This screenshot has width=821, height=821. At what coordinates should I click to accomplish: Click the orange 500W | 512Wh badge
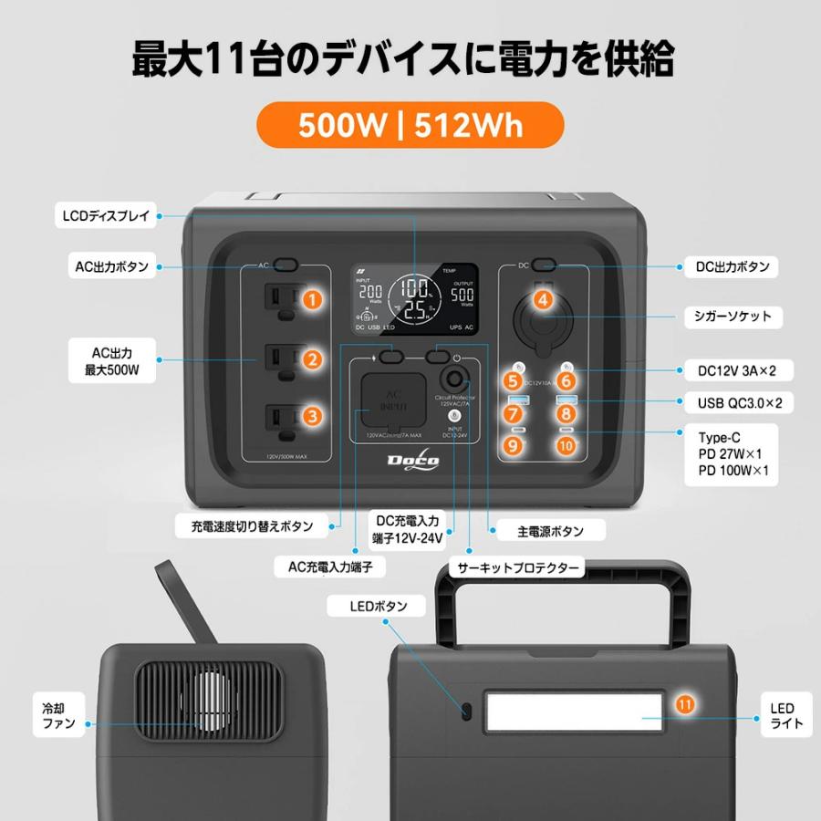410,125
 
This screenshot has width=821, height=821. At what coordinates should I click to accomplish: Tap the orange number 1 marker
313,298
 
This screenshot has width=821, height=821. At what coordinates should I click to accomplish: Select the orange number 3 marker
313,417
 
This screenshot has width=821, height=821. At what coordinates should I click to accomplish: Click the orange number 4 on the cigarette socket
544,299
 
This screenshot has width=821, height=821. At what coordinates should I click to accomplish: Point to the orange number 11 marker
684,703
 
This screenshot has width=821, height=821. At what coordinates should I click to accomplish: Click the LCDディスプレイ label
107,216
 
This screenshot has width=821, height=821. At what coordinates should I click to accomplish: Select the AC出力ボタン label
110,267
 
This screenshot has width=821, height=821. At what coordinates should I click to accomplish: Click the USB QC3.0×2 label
733,401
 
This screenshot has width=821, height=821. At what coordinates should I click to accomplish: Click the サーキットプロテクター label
518,567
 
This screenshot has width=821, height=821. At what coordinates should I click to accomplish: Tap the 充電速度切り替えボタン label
252,526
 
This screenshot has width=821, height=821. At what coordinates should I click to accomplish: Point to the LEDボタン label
378,606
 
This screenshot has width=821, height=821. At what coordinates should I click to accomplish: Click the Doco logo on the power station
414,462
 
